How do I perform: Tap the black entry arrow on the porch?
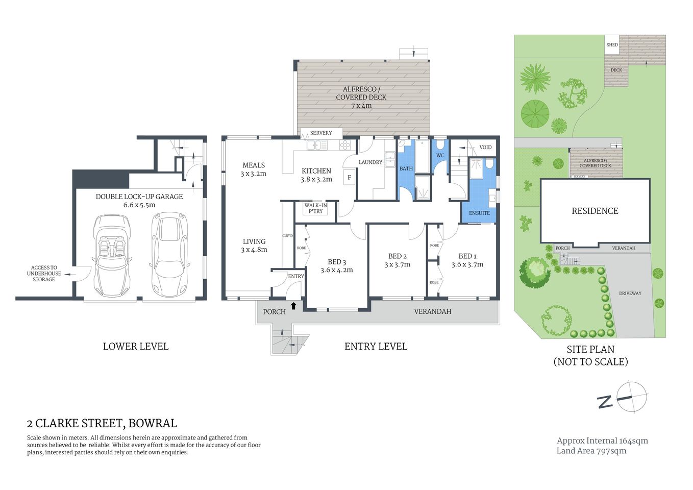click(x=293, y=306)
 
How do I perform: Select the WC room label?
click(x=440, y=156)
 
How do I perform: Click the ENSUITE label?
click(x=479, y=213)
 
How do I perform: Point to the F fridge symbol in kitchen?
click(x=349, y=178)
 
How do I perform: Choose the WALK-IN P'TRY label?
click(x=315, y=208)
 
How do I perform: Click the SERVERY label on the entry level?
click(x=321, y=133)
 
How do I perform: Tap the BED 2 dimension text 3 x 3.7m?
click(x=397, y=264)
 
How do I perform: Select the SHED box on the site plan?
click(x=612, y=45)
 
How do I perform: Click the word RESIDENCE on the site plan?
click(x=595, y=211)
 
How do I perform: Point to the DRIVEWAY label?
click(x=630, y=293)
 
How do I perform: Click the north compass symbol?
click(x=631, y=397)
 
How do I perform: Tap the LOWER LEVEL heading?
click(x=136, y=347)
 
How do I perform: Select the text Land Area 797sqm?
click(x=591, y=451)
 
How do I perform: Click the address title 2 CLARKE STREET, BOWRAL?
click(x=102, y=423)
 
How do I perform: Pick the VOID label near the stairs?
click(x=485, y=147)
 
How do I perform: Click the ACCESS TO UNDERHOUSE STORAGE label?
click(x=44, y=274)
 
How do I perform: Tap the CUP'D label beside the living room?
click(x=288, y=236)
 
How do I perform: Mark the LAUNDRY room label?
click(x=370, y=162)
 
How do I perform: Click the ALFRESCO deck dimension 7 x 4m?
click(x=361, y=106)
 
